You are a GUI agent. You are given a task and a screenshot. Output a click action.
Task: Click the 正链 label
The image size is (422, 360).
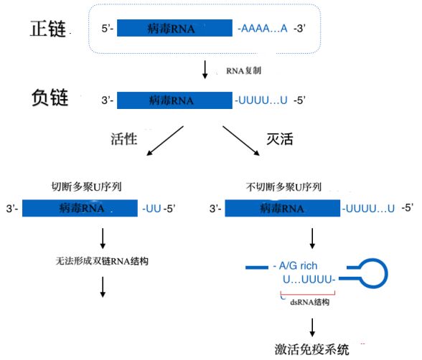pos(48,29)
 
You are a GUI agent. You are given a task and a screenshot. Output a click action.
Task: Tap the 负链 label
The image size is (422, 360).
pos(50,98)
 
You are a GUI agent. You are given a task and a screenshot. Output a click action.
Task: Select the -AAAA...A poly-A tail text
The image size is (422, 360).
pos(263,28)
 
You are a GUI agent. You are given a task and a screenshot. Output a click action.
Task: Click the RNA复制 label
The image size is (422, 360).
pos(243,71)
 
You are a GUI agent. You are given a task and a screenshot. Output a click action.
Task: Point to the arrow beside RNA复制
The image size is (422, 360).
pos(205,70)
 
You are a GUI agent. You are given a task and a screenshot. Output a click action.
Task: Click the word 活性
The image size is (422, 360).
pos(123,139)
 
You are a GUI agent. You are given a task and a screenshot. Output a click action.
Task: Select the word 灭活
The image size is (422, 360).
pos(280,139)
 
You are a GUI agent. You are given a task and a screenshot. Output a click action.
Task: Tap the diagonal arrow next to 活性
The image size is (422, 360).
pos(165,141)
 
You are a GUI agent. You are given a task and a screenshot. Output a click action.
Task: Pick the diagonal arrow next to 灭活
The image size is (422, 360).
pos(241,141)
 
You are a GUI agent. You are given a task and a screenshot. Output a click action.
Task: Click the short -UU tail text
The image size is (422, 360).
pos(151,209)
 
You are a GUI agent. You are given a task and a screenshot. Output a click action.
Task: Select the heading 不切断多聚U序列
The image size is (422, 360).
pos(283,187)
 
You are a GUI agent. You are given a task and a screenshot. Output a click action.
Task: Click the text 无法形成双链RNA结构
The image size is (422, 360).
pos(102,261)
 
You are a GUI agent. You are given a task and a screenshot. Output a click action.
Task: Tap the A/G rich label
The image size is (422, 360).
pos(296,266)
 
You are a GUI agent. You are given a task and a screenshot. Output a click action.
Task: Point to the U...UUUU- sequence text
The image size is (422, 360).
pos(309,280)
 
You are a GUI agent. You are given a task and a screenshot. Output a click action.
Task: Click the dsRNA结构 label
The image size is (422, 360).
pos(310,302)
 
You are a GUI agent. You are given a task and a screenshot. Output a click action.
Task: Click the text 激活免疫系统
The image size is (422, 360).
pos(311,349)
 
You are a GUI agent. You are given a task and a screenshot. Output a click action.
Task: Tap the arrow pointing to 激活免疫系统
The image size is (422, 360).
pos(312,328)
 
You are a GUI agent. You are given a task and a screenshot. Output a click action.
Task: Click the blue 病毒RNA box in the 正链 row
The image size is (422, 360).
pos(174,28)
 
